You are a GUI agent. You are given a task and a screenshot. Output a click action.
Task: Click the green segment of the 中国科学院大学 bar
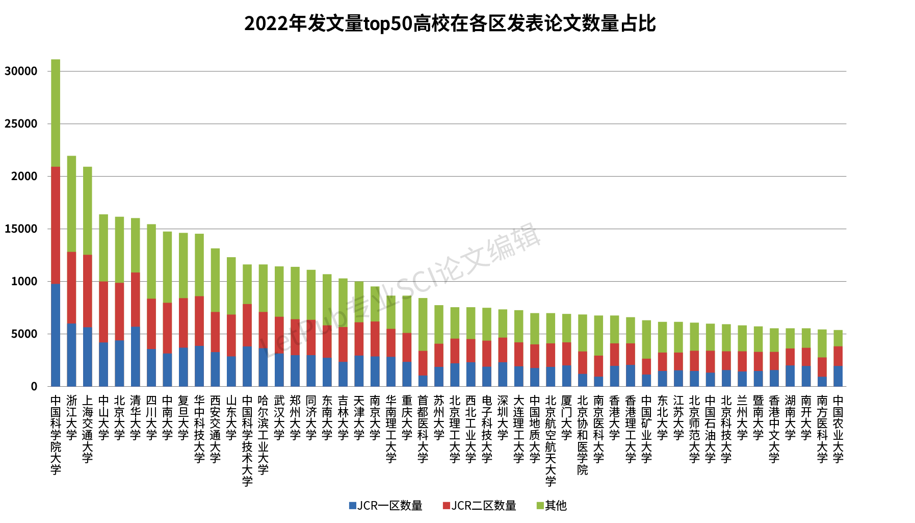pyautogui.click(x=56, y=113)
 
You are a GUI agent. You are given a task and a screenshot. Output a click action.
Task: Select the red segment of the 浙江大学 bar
pyautogui.click(x=71, y=287)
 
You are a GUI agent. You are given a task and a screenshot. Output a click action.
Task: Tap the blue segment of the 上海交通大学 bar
pyautogui.click(x=88, y=357)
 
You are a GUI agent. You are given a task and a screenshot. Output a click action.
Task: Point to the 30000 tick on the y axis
pyautogui.click(x=21, y=71)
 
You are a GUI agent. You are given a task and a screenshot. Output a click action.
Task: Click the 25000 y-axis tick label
pyautogui.click(x=21, y=124)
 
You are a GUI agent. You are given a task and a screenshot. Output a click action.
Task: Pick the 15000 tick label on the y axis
pyautogui.click(x=21, y=229)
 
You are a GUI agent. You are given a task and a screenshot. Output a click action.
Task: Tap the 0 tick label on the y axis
pyautogui.click(x=34, y=387)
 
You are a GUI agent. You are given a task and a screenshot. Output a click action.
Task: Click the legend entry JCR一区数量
pyautogui.click(x=385, y=506)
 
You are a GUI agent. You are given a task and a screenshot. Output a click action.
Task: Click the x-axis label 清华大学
pyautogui.click(x=135, y=417)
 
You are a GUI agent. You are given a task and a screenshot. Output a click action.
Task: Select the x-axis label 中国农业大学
pyautogui.click(x=838, y=429)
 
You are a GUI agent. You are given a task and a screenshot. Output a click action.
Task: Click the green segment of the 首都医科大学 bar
pyautogui.click(x=423, y=324)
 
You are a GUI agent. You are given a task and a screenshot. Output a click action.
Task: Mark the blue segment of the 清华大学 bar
pyautogui.click(x=135, y=356)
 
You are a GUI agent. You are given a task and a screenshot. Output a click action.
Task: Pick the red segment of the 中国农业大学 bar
pyautogui.click(x=838, y=356)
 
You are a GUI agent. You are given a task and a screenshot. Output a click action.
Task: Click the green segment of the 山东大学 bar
pyautogui.click(x=231, y=286)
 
